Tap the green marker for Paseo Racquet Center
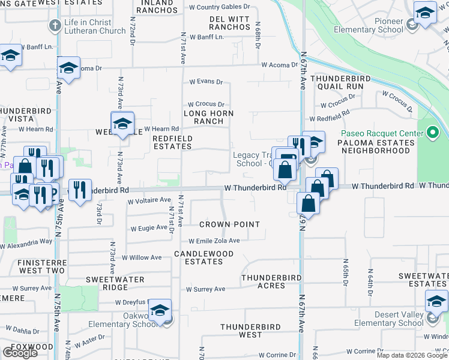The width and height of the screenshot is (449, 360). (433, 133)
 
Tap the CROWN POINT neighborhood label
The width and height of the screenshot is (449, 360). (229, 224)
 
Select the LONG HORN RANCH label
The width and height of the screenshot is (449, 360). (208, 117)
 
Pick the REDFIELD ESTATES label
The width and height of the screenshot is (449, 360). (172, 142)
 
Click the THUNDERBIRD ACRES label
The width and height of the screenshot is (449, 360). (271, 281)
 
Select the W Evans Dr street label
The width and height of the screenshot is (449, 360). (206, 82)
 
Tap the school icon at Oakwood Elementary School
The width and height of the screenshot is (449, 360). (160, 310)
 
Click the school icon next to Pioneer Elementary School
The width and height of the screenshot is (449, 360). (425, 12)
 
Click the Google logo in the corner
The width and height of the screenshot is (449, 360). (20, 353)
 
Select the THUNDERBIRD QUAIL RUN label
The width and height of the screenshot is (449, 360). (337, 82)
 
